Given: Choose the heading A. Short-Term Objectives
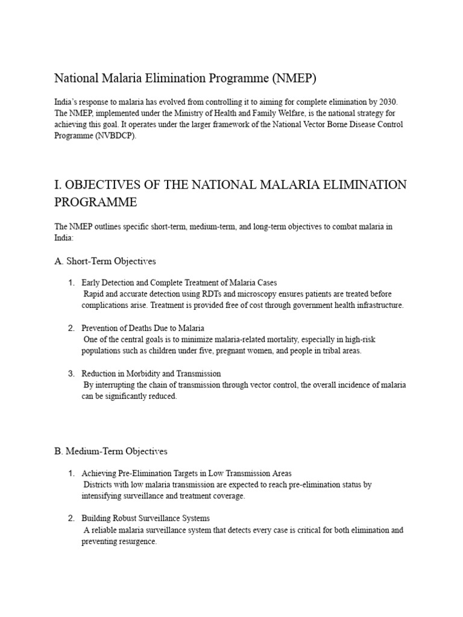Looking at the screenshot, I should point(105,261).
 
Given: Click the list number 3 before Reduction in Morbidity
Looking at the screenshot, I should point(71,374).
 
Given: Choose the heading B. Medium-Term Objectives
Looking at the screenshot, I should point(111,451).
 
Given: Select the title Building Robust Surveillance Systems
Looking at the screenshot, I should point(145,518).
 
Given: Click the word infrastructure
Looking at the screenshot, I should point(375,305).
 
